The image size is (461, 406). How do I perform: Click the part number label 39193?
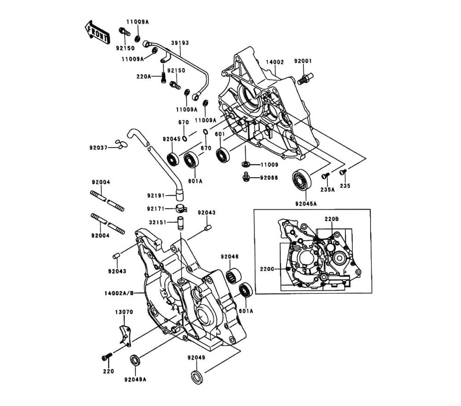tap(180, 43)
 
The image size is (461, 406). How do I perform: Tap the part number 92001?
tap(303, 61)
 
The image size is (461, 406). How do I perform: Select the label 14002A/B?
tap(119, 293)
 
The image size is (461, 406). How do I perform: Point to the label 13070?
tap(124, 312)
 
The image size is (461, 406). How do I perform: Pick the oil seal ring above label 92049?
tap(196, 376)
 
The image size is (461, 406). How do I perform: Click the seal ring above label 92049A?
tap(136, 359)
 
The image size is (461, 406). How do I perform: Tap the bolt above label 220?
tap(106, 357)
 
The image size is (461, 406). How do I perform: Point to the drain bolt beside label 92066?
tap(247, 177)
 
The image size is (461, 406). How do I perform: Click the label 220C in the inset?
tap(267, 269)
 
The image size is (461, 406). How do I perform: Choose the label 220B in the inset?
tap(331, 219)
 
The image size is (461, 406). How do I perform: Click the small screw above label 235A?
tap(325, 175)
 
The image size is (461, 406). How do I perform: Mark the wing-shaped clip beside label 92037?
tap(120, 145)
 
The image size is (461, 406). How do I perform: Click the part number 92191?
tap(156, 196)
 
